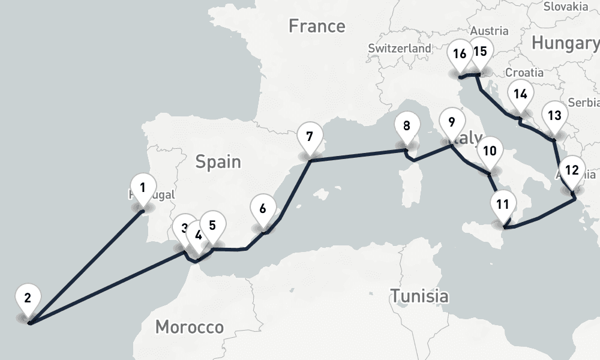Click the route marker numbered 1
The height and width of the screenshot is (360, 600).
pyautogui.click(x=142, y=188)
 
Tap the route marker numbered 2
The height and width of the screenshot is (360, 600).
pyautogui.click(x=28, y=298)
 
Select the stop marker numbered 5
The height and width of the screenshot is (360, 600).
pyautogui.click(x=212, y=226)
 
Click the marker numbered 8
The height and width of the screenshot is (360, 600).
pyautogui.click(x=407, y=127)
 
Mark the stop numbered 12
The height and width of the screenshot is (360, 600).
pyautogui.click(x=572, y=171)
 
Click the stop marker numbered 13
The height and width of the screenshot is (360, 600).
pyautogui.click(x=554, y=116)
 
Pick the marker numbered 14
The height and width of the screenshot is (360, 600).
pyautogui.click(x=520, y=95)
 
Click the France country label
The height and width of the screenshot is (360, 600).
pyautogui.click(x=317, y=26)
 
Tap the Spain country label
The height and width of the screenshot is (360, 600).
pyautogui.click(x=218, y=161)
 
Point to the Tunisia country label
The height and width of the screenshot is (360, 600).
pyautogui.click(x=419, y=296)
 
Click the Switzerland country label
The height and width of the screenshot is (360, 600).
pyautogui.click(x=400, y=48)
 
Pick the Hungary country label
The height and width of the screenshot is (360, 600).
pyautogui.click(x=565, y=43)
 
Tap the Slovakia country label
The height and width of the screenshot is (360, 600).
pyautogui.click(x=565, y=7)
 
